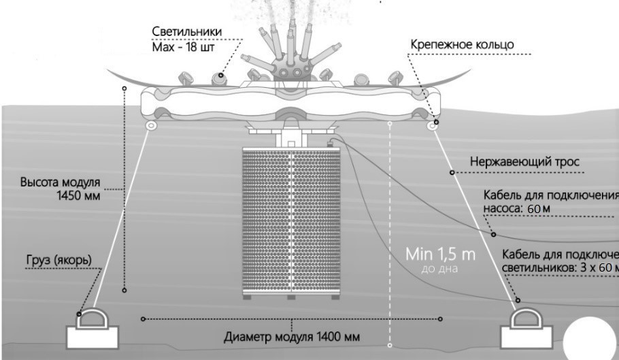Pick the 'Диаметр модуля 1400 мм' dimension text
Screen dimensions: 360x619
292,336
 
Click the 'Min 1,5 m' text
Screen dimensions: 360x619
441,255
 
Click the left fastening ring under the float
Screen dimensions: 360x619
148,127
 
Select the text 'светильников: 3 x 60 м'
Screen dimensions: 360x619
560,267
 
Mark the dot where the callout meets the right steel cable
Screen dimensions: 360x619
450,173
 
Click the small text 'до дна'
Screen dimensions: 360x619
440,270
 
